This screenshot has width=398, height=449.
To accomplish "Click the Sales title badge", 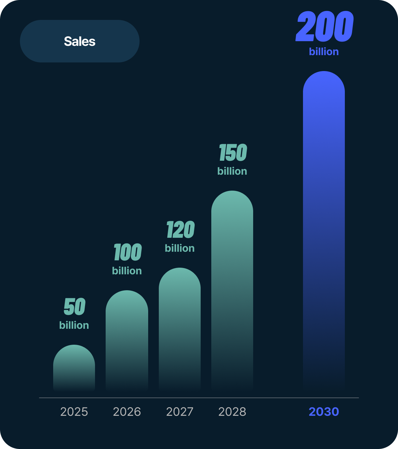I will pos(80,41).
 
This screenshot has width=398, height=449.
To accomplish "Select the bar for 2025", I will pos(74,367).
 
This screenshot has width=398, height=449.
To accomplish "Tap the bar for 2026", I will pos(127,339).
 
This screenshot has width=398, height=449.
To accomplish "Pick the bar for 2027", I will pos(180,327).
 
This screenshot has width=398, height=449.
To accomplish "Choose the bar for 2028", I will pos(232,289).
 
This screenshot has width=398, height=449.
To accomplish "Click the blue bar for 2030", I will pos(324,229).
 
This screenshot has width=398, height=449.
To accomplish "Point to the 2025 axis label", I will pos(74,412).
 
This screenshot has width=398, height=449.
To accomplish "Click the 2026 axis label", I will pos(127,412).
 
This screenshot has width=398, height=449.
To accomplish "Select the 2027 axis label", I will pos(180,412).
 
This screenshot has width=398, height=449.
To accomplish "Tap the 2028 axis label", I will pos(232,412).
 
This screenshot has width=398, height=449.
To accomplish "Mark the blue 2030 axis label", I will pos(324,412).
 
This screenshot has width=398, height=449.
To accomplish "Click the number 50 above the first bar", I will pos(75,307).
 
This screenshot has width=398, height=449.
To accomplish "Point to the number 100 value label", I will pos(128,252).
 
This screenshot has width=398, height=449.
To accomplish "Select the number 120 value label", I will pos(180,230).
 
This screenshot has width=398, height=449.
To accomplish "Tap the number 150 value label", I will pos(233,153).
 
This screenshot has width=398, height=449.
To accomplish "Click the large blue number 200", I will pos(325,27).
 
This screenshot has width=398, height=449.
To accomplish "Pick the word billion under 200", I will pos(324,52).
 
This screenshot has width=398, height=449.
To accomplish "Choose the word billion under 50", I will pos(74,325).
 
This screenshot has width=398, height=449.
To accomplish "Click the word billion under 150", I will pos(232,171).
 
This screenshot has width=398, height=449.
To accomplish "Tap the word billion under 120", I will pos(180,248).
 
